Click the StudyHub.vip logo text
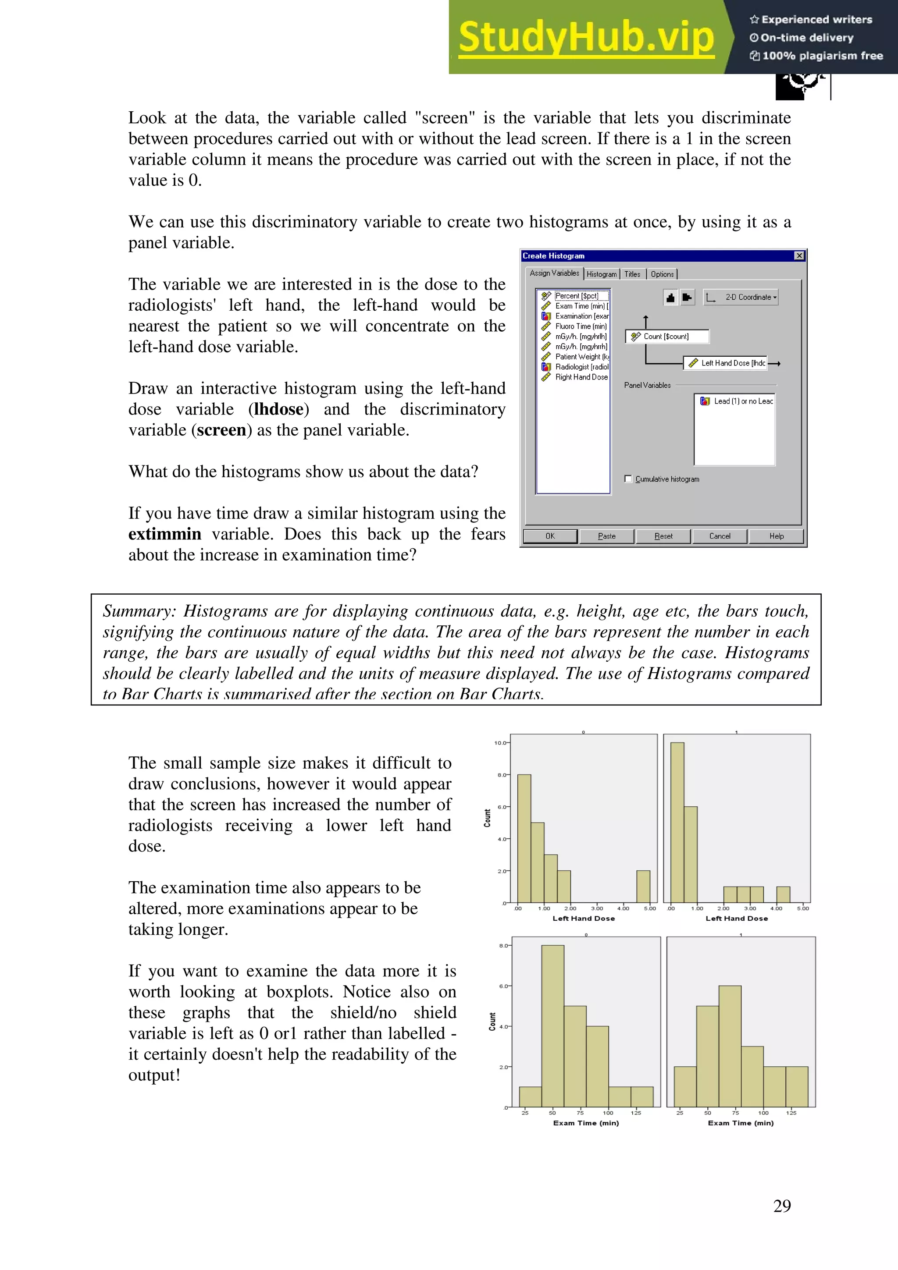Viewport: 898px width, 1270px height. point(586,38)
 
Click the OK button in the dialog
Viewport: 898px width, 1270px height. point(550,536)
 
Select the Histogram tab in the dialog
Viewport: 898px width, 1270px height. point(602,274)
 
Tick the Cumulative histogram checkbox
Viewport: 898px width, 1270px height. point(628,479)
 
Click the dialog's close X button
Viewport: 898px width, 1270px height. point(799,255)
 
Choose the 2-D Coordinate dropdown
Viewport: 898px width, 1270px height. point(741,298)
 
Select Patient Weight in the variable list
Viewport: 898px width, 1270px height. point(581,357)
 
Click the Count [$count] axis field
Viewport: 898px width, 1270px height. point(667,336)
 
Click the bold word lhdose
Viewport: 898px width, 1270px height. point(279,409)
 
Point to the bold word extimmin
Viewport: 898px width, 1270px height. point(165,534)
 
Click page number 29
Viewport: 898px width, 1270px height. point(782,1206)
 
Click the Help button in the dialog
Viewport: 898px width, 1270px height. point(776,536)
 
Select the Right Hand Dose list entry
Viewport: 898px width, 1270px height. point(581,377)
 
